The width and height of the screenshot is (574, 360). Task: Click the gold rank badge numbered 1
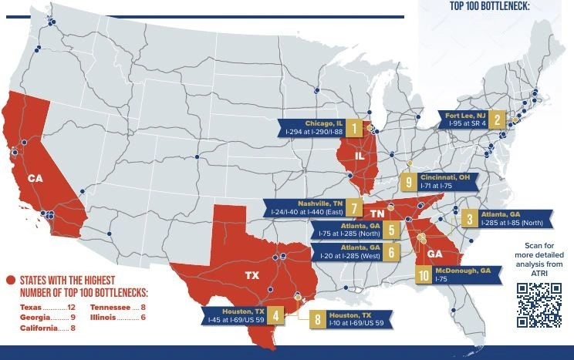pos(354,128)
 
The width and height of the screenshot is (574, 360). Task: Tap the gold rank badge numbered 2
pos(498,119)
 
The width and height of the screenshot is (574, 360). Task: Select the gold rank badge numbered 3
pos(468,219)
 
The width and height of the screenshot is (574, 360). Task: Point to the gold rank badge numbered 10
pos(424,275)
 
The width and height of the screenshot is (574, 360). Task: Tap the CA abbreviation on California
pos(35,178)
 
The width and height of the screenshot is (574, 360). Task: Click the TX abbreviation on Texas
pos(252,275)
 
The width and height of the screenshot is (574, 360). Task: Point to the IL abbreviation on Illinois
pos(359,156)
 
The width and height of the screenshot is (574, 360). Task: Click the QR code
pos(539,305)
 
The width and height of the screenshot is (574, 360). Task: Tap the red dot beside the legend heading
pos(10,280)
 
